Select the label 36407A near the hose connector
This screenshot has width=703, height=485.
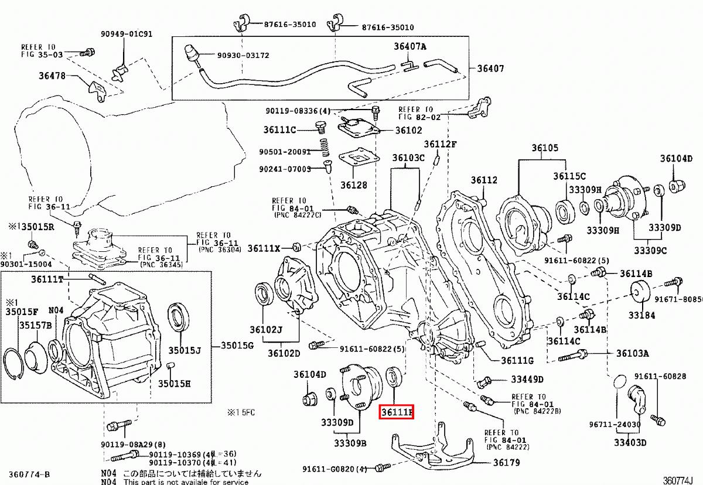point(409,47)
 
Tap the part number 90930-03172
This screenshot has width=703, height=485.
point(243,55)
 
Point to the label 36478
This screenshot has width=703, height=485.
point(52,76)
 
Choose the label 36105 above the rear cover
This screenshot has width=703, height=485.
point(545,148)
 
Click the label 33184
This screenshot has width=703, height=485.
point(641,315)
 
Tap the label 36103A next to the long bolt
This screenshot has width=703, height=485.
point(632,353)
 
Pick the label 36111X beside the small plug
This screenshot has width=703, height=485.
point(264,248)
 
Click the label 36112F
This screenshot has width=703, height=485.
point(440,144)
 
